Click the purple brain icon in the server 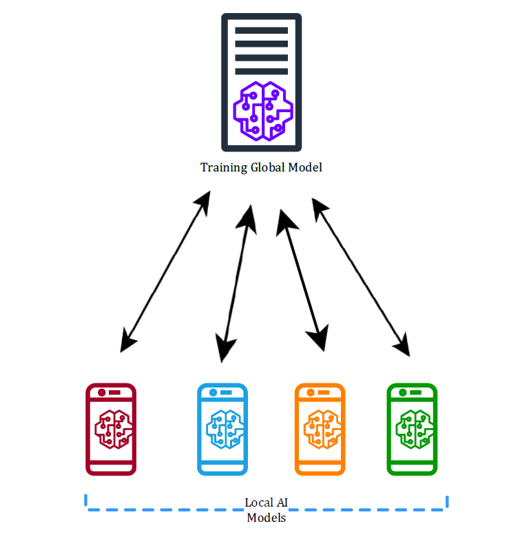tap(263, 111)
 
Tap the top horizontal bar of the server tap(262, 30)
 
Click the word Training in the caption tap(224, 168)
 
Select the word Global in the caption tap(268, 167)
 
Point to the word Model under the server tap(305, 167)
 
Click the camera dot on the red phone tap(101, 392)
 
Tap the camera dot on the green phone tap(403, 392)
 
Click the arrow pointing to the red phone tap(165, 272)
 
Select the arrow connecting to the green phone tap(361, 277)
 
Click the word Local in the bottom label tap(259, 502)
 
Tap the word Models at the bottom tap(267, 518)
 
